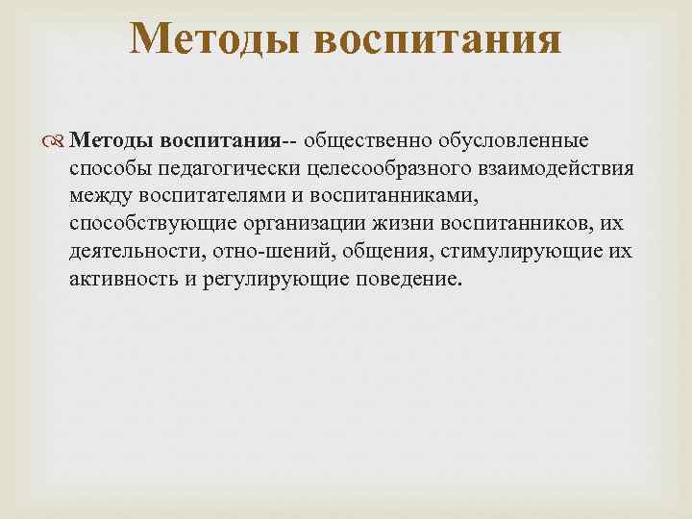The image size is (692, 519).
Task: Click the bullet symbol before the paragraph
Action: (56, 142)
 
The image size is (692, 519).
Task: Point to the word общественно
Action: (369, 141)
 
